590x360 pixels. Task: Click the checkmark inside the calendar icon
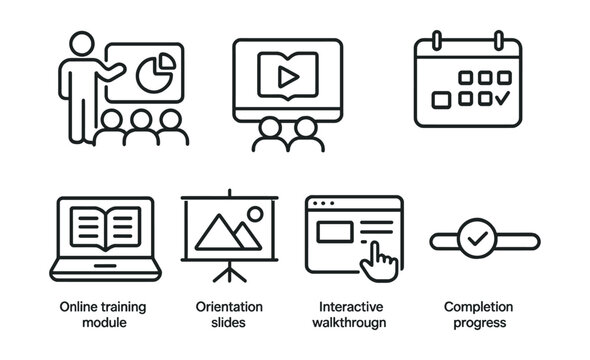click(x=502, y=99)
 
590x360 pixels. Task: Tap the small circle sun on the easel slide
click(x=254, y=214)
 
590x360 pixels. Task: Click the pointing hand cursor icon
click(x=381, y=260)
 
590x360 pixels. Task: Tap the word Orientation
click(x=229, y=306)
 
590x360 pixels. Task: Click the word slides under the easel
click(x=229, y=323)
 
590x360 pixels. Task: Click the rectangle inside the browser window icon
click(x=335, y=232)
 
